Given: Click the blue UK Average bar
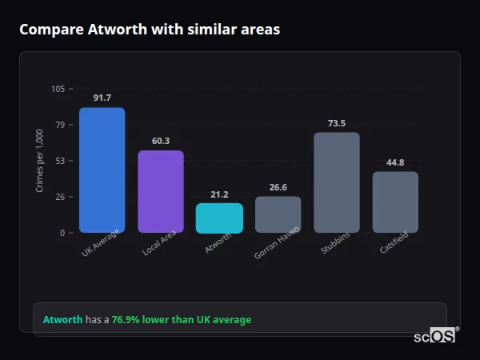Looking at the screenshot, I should [x=102, y=170].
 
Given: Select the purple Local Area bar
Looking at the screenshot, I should [x=160, y=192].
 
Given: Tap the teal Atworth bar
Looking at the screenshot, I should [x=219, y=218].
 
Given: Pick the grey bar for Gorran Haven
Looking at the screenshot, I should [x=278, y=214].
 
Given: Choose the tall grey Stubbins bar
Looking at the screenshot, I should [x=336, y=182].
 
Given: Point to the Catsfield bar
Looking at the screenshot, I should [x=395, y=202].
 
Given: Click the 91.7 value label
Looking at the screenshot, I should [x=102, y=98].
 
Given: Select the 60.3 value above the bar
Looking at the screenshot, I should [x=160, y=141].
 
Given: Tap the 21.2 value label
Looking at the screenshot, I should [x=219, y=194].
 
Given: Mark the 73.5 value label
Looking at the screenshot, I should [x=336, y=123].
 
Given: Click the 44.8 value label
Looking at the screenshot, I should [x=395, y=162].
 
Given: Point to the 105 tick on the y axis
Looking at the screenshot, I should [x=58, y=89].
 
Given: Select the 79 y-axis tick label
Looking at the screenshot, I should [x=60, y=125].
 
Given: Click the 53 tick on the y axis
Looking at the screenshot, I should [x=60, y=161].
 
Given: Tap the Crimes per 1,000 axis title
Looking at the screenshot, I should [x=40, y=161].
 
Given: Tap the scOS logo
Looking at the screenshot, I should [x=434, y=337].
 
